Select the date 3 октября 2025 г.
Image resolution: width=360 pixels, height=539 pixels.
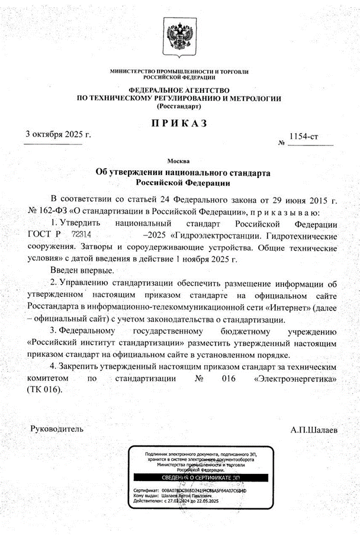[58, 135]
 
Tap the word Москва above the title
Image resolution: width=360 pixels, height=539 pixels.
[179, 160]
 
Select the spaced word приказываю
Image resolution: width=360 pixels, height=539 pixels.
[284, 211]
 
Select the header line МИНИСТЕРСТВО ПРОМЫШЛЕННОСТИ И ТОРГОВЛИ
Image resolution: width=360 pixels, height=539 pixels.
[179, 71]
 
